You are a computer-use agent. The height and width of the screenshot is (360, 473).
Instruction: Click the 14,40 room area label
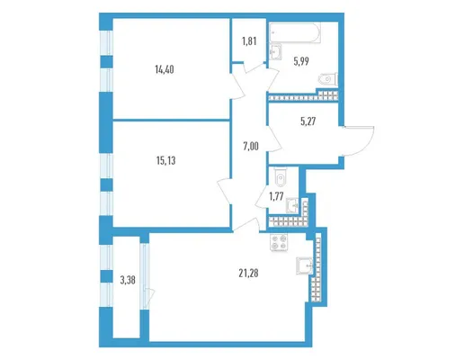click(x=165, y=70)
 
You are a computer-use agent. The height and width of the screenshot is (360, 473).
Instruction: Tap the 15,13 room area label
click(x=166, y=161)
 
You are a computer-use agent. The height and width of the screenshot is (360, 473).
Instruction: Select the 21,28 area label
click(x=248, y=274)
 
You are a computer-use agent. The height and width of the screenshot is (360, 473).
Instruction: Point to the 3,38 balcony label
click(x=128, y=281)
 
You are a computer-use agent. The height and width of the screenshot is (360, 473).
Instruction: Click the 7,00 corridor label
click(x=251, y=147)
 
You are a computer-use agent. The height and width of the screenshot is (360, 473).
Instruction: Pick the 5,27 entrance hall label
click(x=308, y=121)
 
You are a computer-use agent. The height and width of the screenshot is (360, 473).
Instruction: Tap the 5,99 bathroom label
click(x=301, y=61)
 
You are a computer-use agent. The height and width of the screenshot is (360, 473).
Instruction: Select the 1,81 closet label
click(x=249, y=41)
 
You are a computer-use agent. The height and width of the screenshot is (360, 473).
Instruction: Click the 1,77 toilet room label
click(x=276, y=196)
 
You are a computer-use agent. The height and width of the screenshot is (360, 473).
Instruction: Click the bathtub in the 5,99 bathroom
click(x=295, y=32)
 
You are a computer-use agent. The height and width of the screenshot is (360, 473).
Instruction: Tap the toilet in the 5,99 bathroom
click(x=328, y=79)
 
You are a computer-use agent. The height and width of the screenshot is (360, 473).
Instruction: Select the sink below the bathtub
click(x=275, y=52)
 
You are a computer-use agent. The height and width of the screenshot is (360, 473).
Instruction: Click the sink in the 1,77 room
click(x=292, y=205)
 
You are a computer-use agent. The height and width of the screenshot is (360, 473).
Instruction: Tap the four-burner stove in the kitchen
click(x=279, y=242)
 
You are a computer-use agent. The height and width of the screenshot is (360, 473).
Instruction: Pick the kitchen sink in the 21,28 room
click(x=305, y=265)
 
